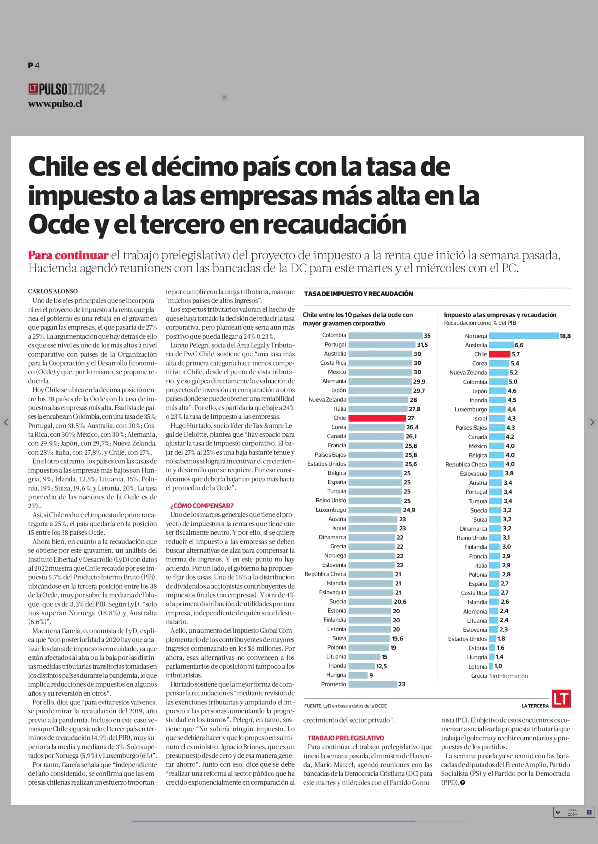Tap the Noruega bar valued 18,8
pyautogui.click(x=524, y=336)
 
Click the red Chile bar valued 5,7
pyautogui.click(x=500, y=354)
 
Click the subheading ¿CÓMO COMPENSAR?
pyautogui.click(x=202, y=506)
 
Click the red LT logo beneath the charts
pyautogui.click(x=561, y=698)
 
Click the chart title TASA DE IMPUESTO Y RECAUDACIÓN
pyautogui.click(x=359, y=294)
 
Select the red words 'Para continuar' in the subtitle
pyautogui.click(x=68, y=255)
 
